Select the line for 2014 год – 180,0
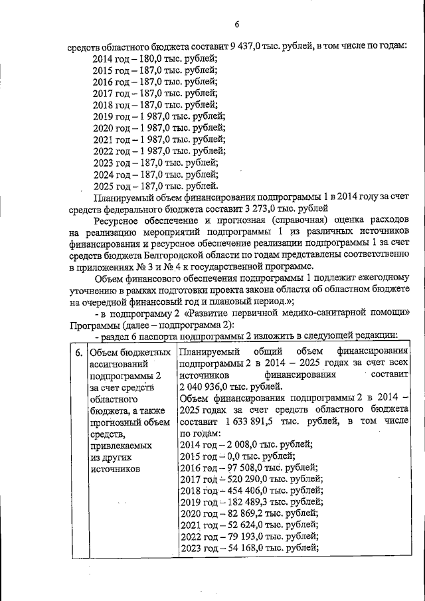(154, 58)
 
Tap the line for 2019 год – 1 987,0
(159, 116)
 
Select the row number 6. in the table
(78, 351)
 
